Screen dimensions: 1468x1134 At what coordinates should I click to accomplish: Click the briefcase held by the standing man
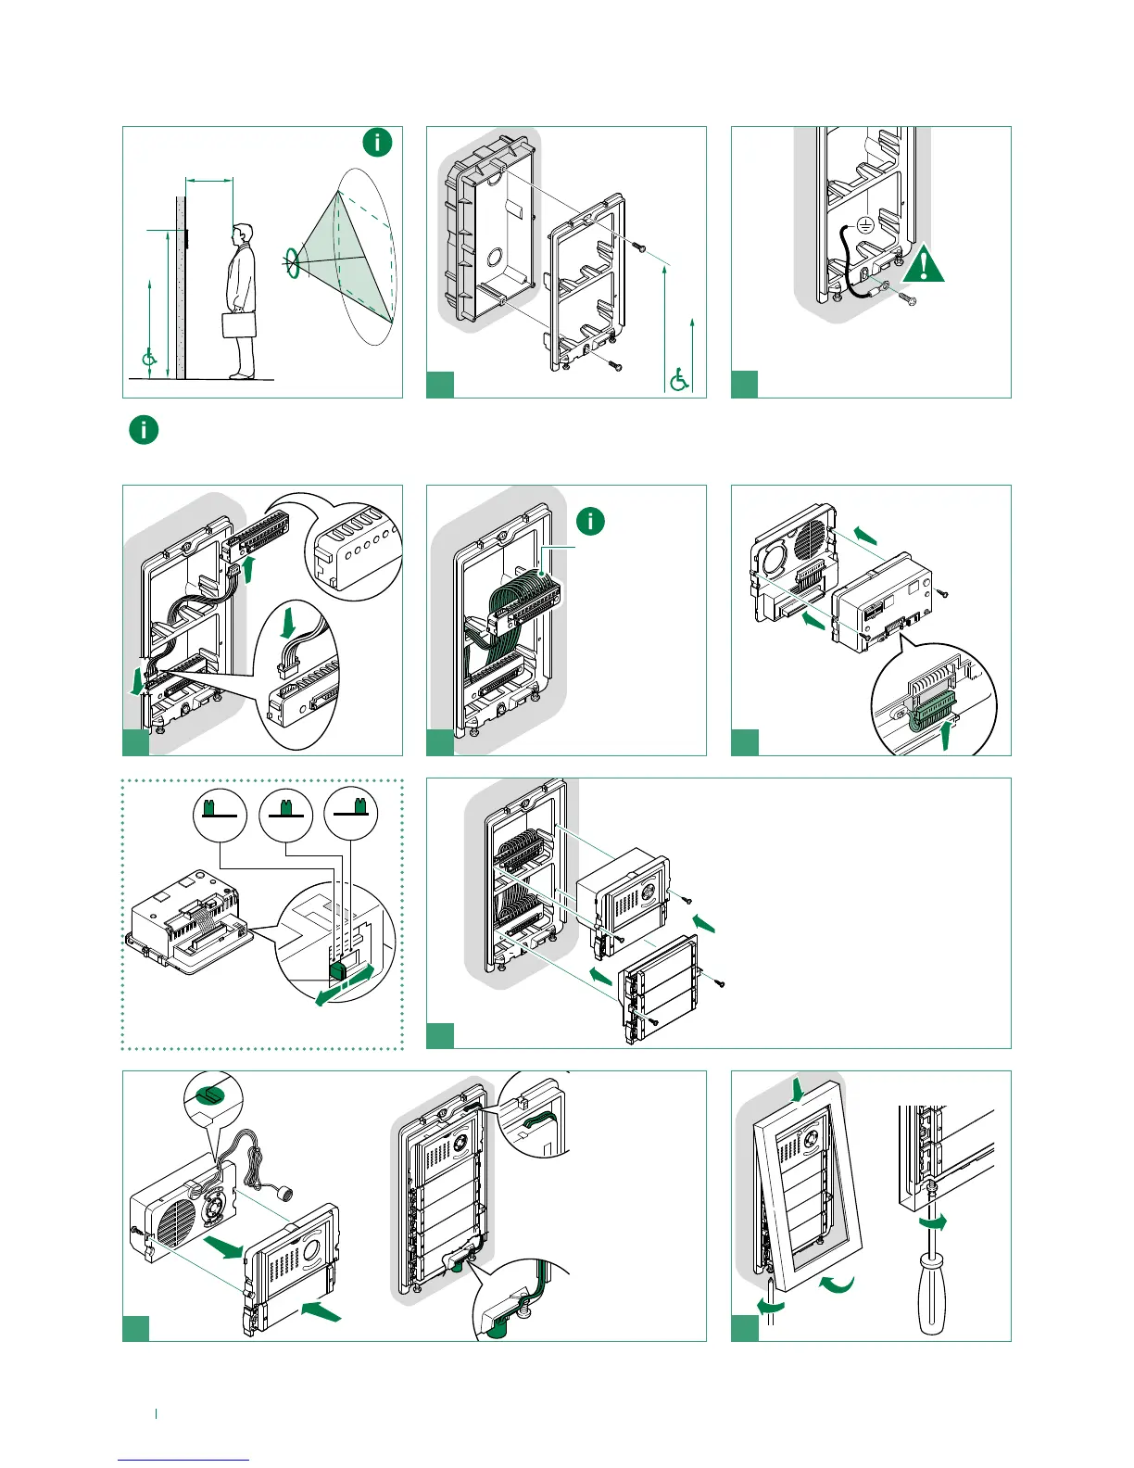coord(239,324)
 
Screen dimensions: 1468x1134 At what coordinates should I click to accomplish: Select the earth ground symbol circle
coord(863,224)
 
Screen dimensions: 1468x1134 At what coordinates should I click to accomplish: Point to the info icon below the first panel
coord(144,430)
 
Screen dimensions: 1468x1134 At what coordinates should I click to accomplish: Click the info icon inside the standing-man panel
coord(377,143)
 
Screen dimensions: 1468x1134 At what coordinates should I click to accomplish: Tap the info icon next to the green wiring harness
coord(590,521)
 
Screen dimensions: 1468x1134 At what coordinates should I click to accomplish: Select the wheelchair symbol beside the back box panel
coord(679,379)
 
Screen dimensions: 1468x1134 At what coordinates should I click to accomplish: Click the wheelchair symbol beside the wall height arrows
coord(148,358)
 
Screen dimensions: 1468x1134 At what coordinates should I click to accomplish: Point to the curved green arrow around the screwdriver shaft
coord(933,1223)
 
